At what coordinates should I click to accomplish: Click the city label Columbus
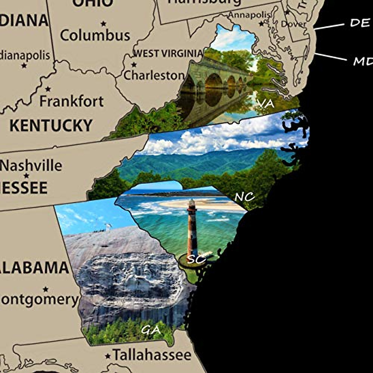click(x=95, y=35)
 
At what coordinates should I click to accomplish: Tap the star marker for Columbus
click(x=104, y=23)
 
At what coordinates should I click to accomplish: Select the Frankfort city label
click(x=72, y=102)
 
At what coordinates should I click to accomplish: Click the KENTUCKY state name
click(x=51, y=126)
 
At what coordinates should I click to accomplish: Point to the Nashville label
click(x=31, y=166)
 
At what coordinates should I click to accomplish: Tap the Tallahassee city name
click(x=152, y=355)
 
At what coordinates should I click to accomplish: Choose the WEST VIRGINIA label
click(x=168, y=53)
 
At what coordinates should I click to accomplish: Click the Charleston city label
click(x=154, y=75)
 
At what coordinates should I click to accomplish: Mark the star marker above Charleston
click(x=134, y=65)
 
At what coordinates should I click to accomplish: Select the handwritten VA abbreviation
click(x=266, y=104)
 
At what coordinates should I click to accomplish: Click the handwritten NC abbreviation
click(x=245, y=196)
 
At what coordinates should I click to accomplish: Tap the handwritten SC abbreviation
click(x=196, y=259)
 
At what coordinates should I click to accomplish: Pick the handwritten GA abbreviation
click(x=151, y=329)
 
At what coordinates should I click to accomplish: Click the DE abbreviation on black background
click(x=360, y=23)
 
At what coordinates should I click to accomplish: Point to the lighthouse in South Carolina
click(x=192, y=230)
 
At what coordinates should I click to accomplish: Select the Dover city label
click(x=293, y=24)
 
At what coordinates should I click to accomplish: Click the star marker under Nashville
click(x=26, y=176)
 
